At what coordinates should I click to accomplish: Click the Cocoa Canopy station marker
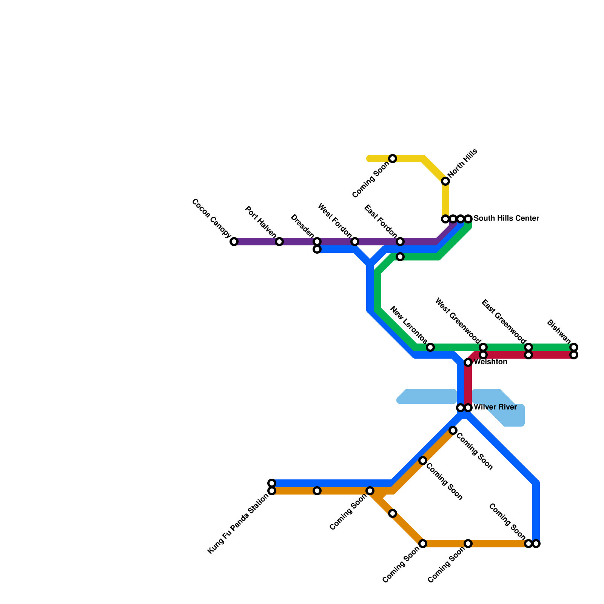coord(234,242)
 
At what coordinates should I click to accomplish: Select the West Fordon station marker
coord(355,242)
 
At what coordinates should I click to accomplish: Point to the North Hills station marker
coord(445,181)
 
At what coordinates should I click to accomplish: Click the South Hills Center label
coord(506,219)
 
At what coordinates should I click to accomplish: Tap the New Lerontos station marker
coord(430,347)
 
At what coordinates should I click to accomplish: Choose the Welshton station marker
coord(468,362)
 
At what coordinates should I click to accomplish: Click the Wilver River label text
coord(495,407)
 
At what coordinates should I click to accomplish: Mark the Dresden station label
coord(302,226)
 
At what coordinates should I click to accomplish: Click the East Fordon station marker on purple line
coord(400,242)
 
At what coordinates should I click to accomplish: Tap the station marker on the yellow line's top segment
coord(393,159)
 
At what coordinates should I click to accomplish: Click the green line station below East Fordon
coord(400,257)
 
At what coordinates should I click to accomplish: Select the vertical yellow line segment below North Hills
coord(445,200)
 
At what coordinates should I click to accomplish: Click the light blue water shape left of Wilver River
coord(427,396)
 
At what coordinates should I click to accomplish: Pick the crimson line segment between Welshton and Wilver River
coord(468,385)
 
